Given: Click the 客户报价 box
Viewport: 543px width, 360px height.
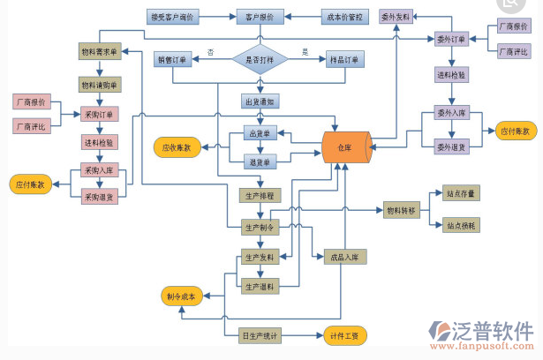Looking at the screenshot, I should click(x=260, y=17).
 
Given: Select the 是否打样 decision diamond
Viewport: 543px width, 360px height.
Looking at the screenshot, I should click(x=260, y=59).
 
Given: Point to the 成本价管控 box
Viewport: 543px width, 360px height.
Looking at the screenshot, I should click(x=344, y=17).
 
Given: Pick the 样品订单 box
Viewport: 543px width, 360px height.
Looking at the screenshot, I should click(x=343, y=59).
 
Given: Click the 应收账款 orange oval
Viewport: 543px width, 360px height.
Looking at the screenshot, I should click(x=177, y=147).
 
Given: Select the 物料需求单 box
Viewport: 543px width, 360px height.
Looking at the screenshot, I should click(x=99, y=52).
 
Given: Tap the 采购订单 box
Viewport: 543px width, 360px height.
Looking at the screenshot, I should click(x=99, y=114).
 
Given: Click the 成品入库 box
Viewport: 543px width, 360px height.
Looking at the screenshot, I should click(x=345, y=257).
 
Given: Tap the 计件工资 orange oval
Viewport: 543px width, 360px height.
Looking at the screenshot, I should click(x=343, y=335).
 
